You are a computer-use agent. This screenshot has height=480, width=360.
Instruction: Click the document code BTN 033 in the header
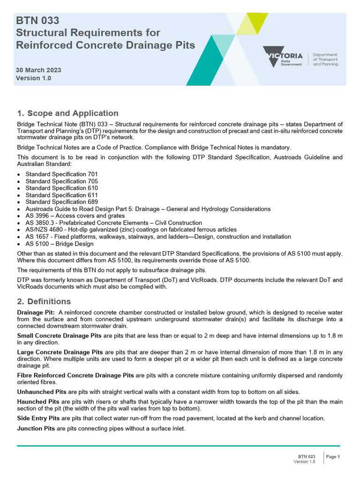pos(37,21)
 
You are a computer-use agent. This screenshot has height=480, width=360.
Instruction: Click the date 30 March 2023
pos(38,70)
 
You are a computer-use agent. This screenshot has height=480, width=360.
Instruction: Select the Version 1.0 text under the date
pos(33,78)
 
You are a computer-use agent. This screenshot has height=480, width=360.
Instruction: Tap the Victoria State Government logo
pos(283,57)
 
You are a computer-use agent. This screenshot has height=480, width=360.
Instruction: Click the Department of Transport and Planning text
pos(325,60)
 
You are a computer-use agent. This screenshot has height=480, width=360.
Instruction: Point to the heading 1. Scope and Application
pos(67,113)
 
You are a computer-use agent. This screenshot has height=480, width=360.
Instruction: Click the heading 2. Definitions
pos(44,301)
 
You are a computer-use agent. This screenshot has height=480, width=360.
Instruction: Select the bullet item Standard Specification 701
pos(61,174)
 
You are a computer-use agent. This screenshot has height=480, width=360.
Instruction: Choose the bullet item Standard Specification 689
pos(61,202)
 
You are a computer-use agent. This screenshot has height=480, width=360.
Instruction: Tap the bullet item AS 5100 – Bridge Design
pos(60,244)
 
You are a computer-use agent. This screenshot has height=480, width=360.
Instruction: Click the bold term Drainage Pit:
pos(36,313)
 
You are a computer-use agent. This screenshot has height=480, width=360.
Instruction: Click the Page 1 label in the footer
pos(333,457)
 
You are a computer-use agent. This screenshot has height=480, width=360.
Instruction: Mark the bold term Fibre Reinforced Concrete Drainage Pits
pos(75,375)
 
